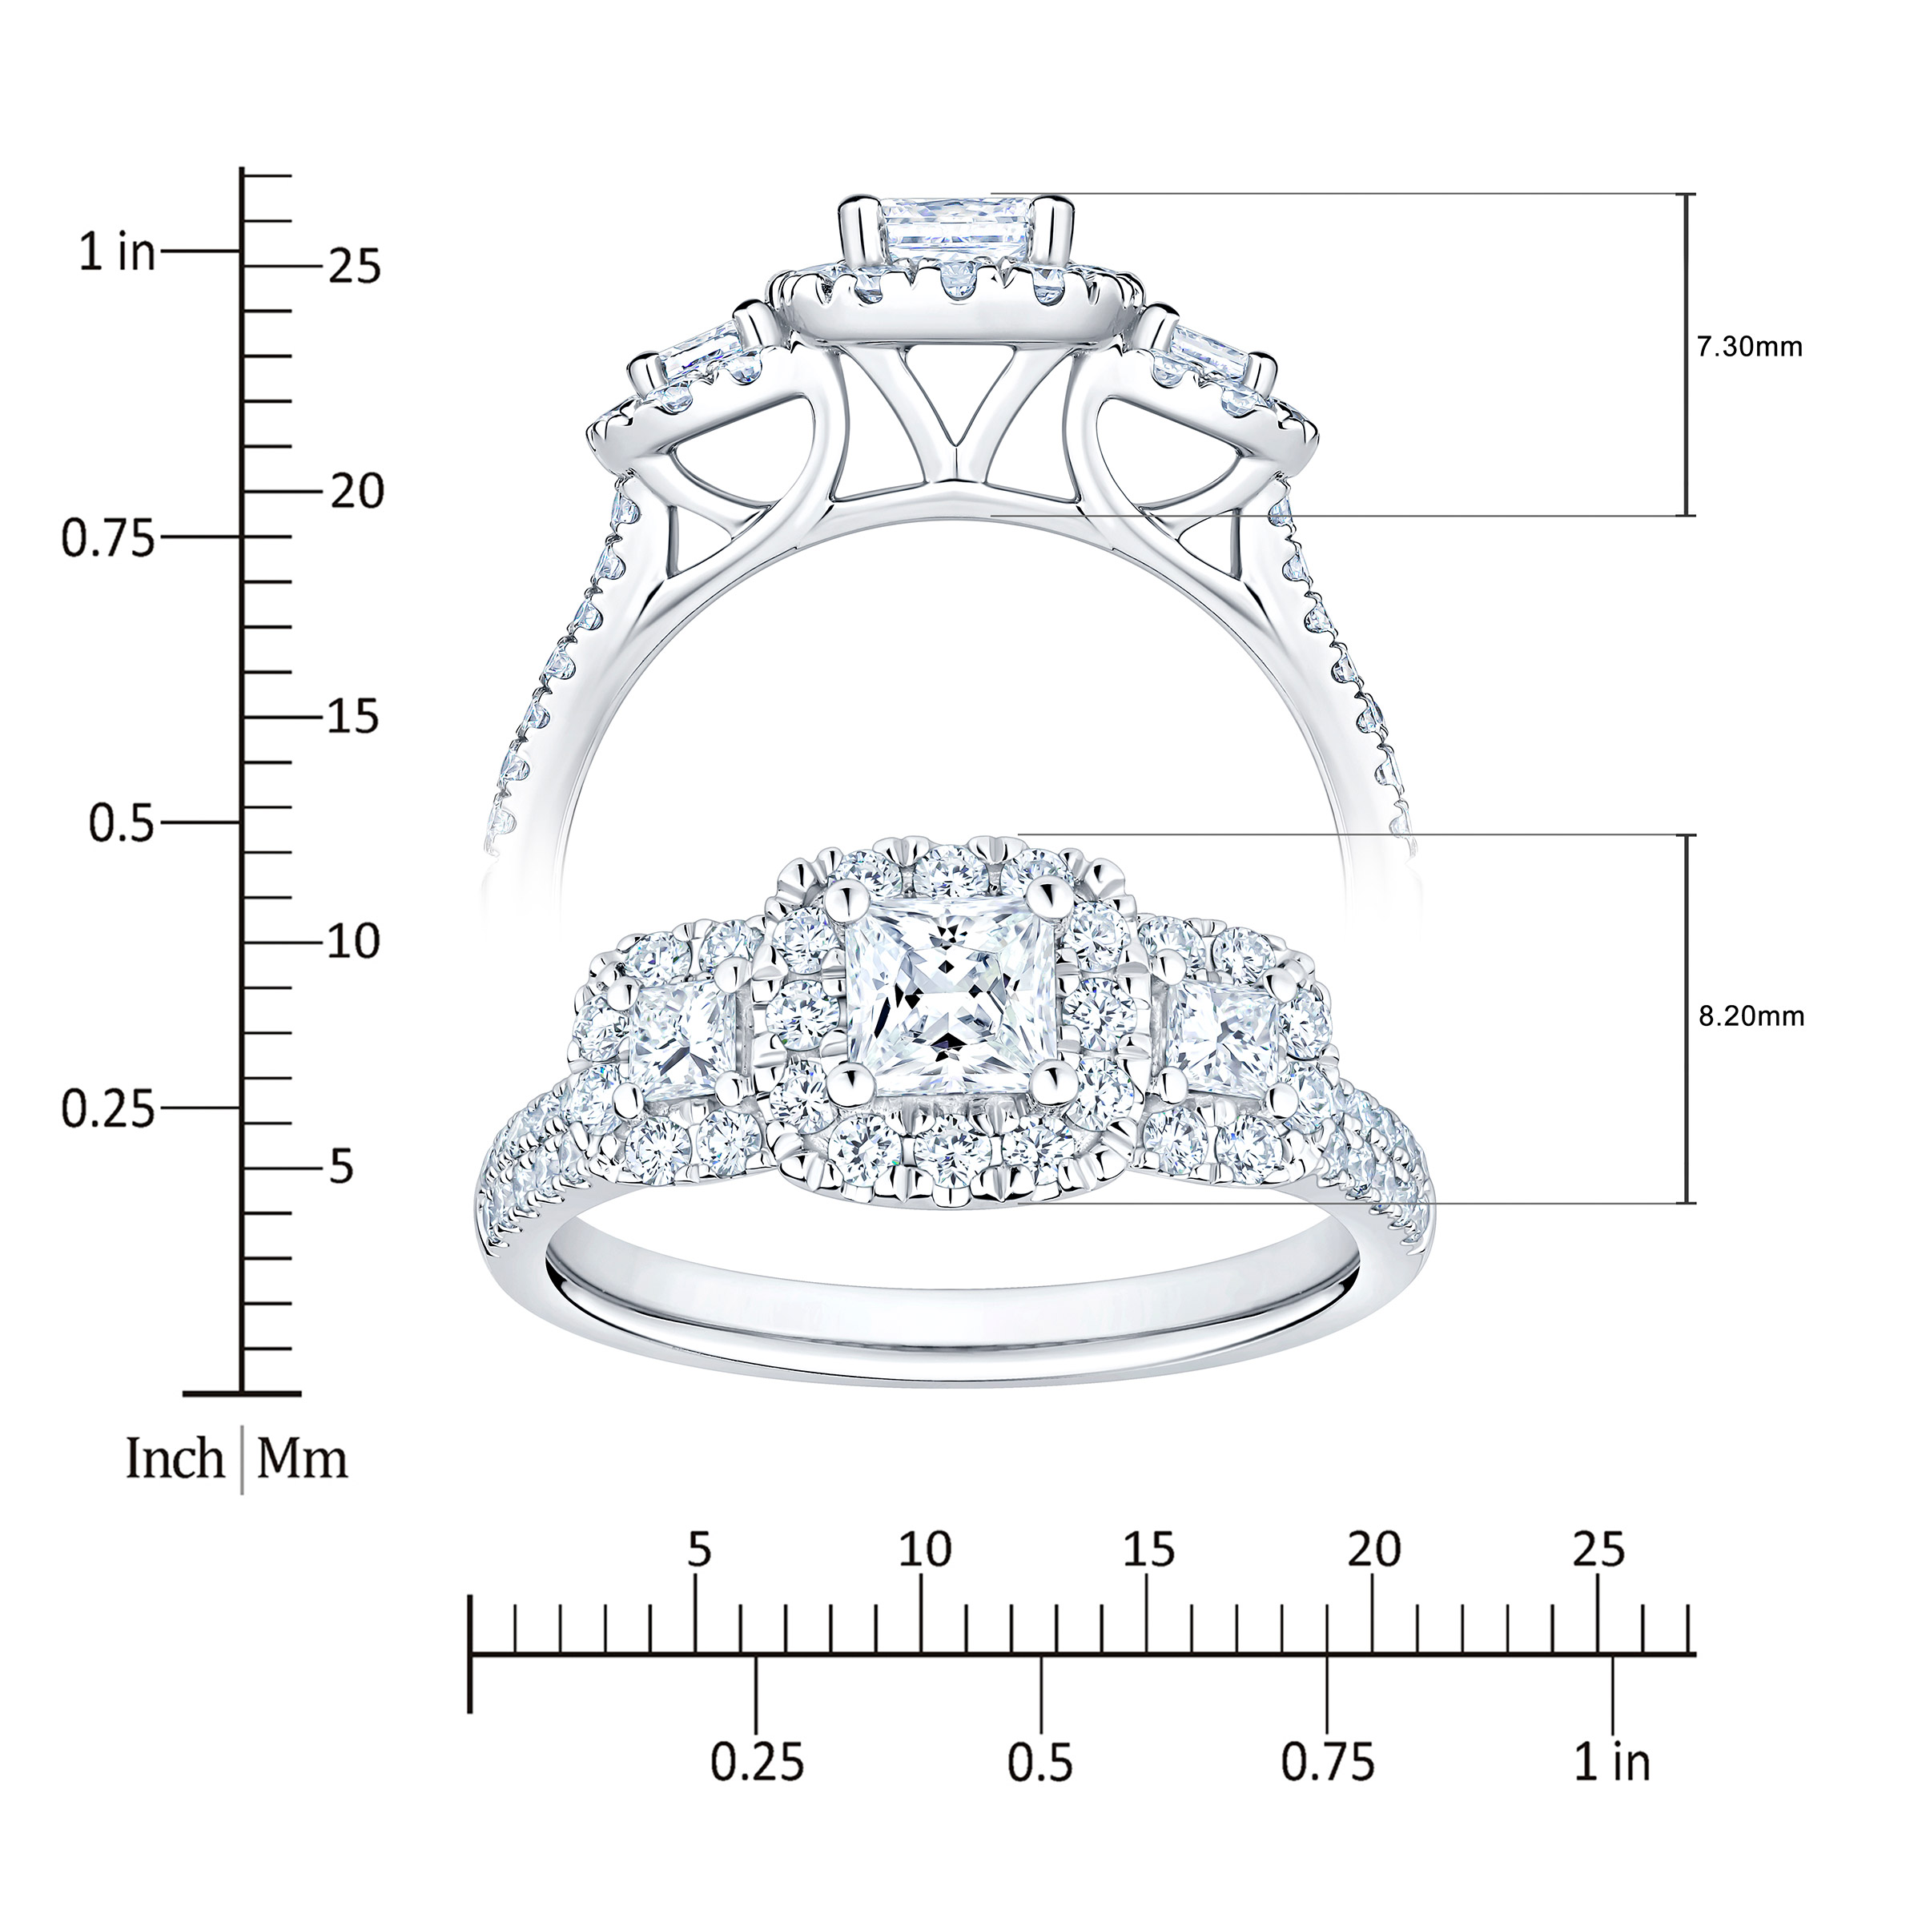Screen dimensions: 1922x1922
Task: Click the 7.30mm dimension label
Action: tap(1749, 348)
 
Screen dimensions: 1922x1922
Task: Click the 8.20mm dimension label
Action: tap(1751, 1017)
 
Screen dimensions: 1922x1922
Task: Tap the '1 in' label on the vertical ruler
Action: tap(119, 253)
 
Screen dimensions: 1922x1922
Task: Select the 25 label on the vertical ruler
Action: tap(355, 267)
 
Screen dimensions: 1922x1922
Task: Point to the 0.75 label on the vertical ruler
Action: tap(108, 538)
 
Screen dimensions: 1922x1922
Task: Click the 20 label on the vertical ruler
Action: tap(356, 492)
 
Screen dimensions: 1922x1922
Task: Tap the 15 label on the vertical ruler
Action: tap(355, 716)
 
